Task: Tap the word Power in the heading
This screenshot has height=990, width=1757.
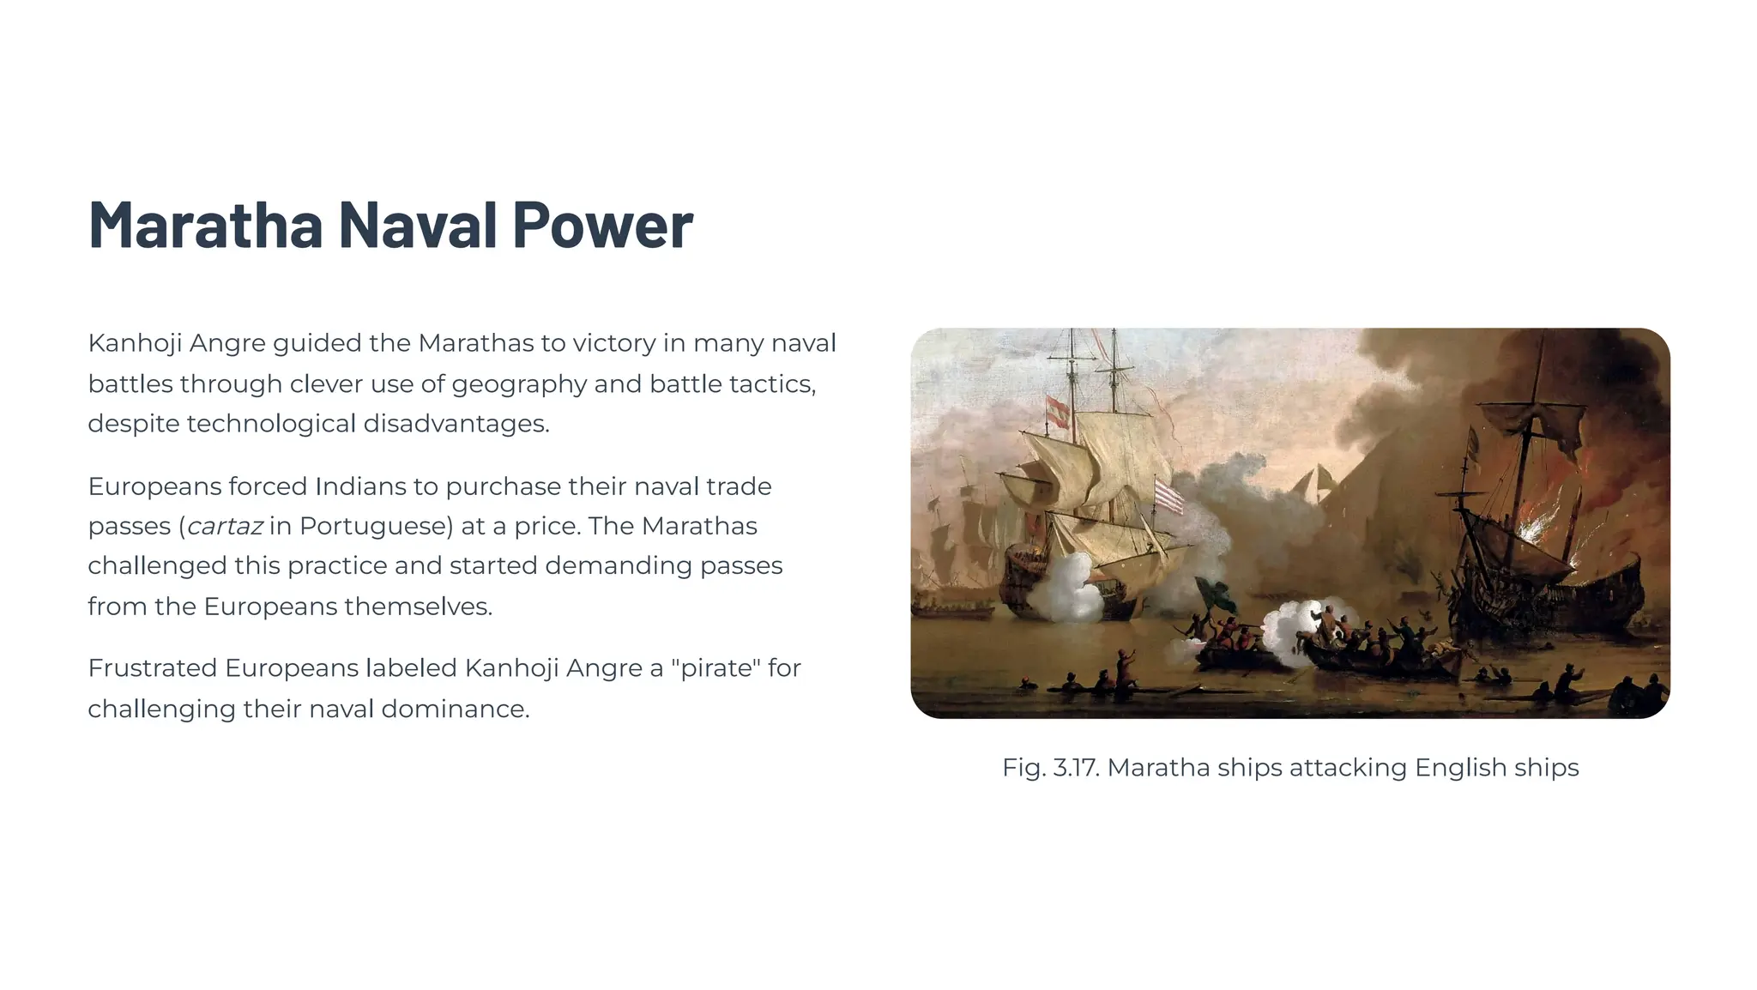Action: point(602,225)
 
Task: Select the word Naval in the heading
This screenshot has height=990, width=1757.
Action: point(418,225)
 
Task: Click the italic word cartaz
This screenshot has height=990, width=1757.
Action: point(225,526)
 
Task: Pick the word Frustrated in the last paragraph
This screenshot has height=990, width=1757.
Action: point(152,667)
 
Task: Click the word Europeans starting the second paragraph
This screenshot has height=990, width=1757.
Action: point(154,486)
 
